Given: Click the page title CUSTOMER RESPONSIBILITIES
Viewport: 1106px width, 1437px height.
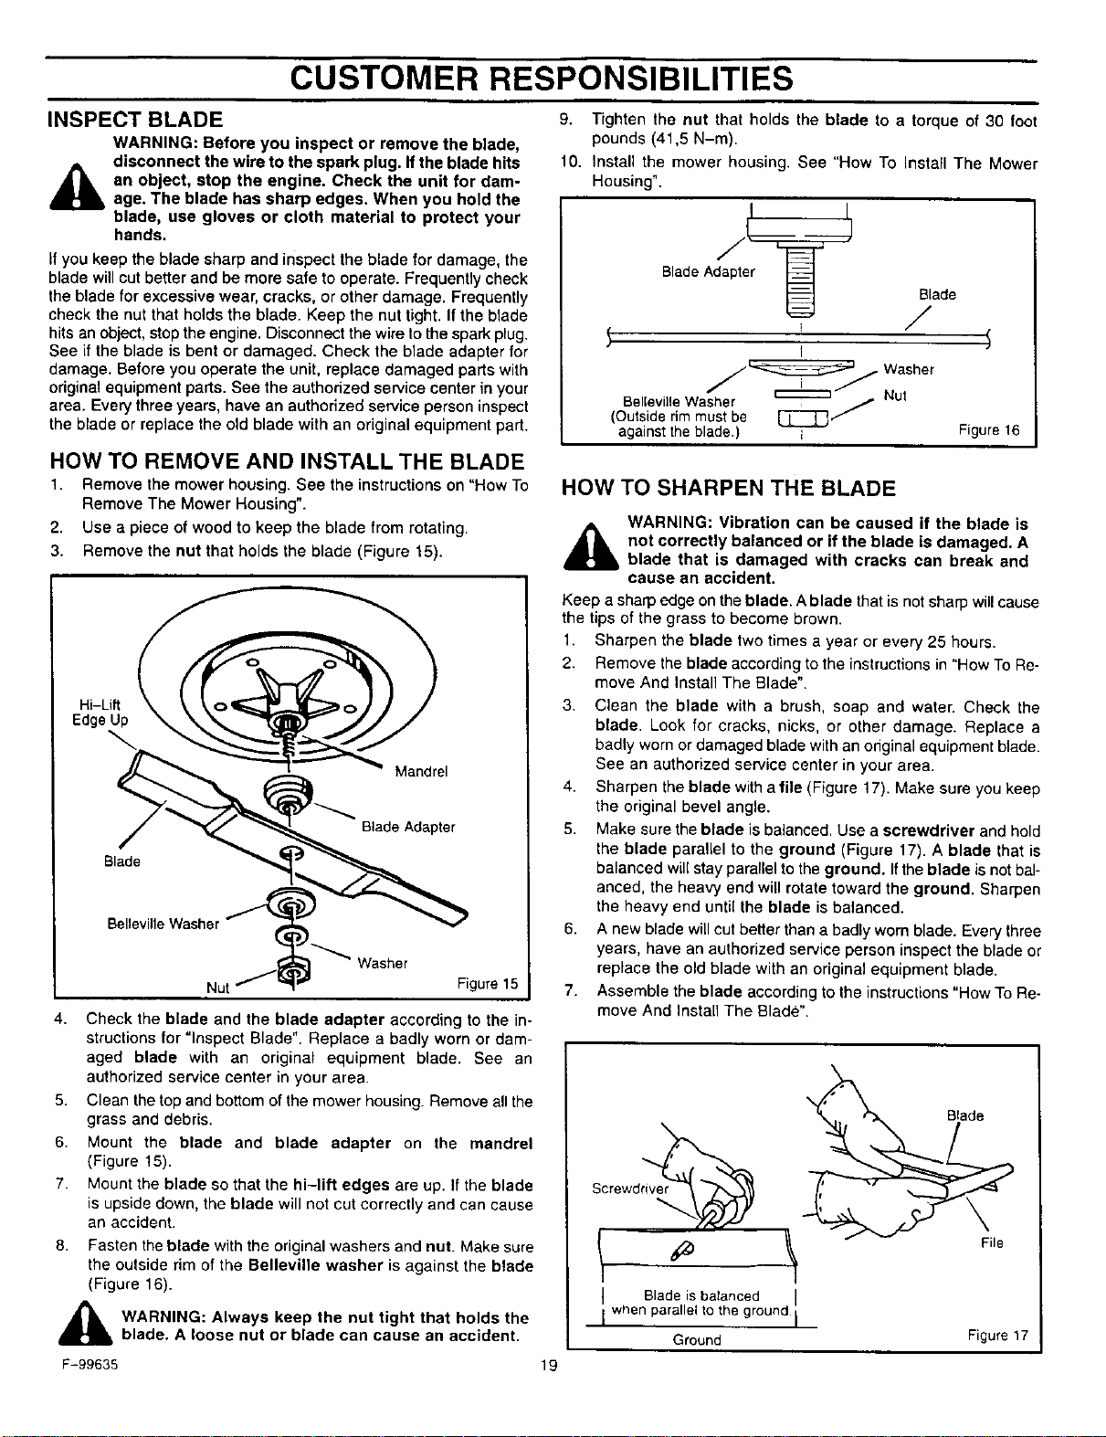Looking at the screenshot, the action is [x=541, y=78].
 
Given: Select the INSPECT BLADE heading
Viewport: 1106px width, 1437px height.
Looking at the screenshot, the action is [x=135, y=119].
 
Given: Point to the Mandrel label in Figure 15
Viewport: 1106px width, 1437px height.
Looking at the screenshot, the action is [x=421, y=772].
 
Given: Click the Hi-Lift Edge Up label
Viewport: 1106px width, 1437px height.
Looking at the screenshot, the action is [x=100, y=713].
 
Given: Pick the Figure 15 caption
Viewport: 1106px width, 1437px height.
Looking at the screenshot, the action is [x=488, y=983].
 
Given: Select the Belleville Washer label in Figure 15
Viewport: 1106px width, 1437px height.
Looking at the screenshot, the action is [x=163, y=924].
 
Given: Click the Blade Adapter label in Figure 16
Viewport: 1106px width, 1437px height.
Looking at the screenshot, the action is [x=708, y=272].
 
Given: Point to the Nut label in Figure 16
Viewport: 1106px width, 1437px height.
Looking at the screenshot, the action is [x=895, y=396].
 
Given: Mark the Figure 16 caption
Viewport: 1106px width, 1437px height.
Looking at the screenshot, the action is [x=989, y=430].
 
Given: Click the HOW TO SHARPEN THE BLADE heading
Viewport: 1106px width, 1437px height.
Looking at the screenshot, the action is [x=728, y=488].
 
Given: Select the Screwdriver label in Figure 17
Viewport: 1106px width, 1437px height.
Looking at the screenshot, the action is [x=630, y=1189].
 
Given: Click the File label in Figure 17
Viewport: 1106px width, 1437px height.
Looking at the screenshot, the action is [x=992, y=1242].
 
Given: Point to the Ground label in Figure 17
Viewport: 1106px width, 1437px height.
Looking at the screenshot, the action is [x=697, y=1340].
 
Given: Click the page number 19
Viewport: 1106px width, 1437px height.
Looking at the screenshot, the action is [x=549, y=1364].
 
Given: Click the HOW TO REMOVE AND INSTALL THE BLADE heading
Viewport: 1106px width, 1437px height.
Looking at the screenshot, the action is [x=287, y=461].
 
